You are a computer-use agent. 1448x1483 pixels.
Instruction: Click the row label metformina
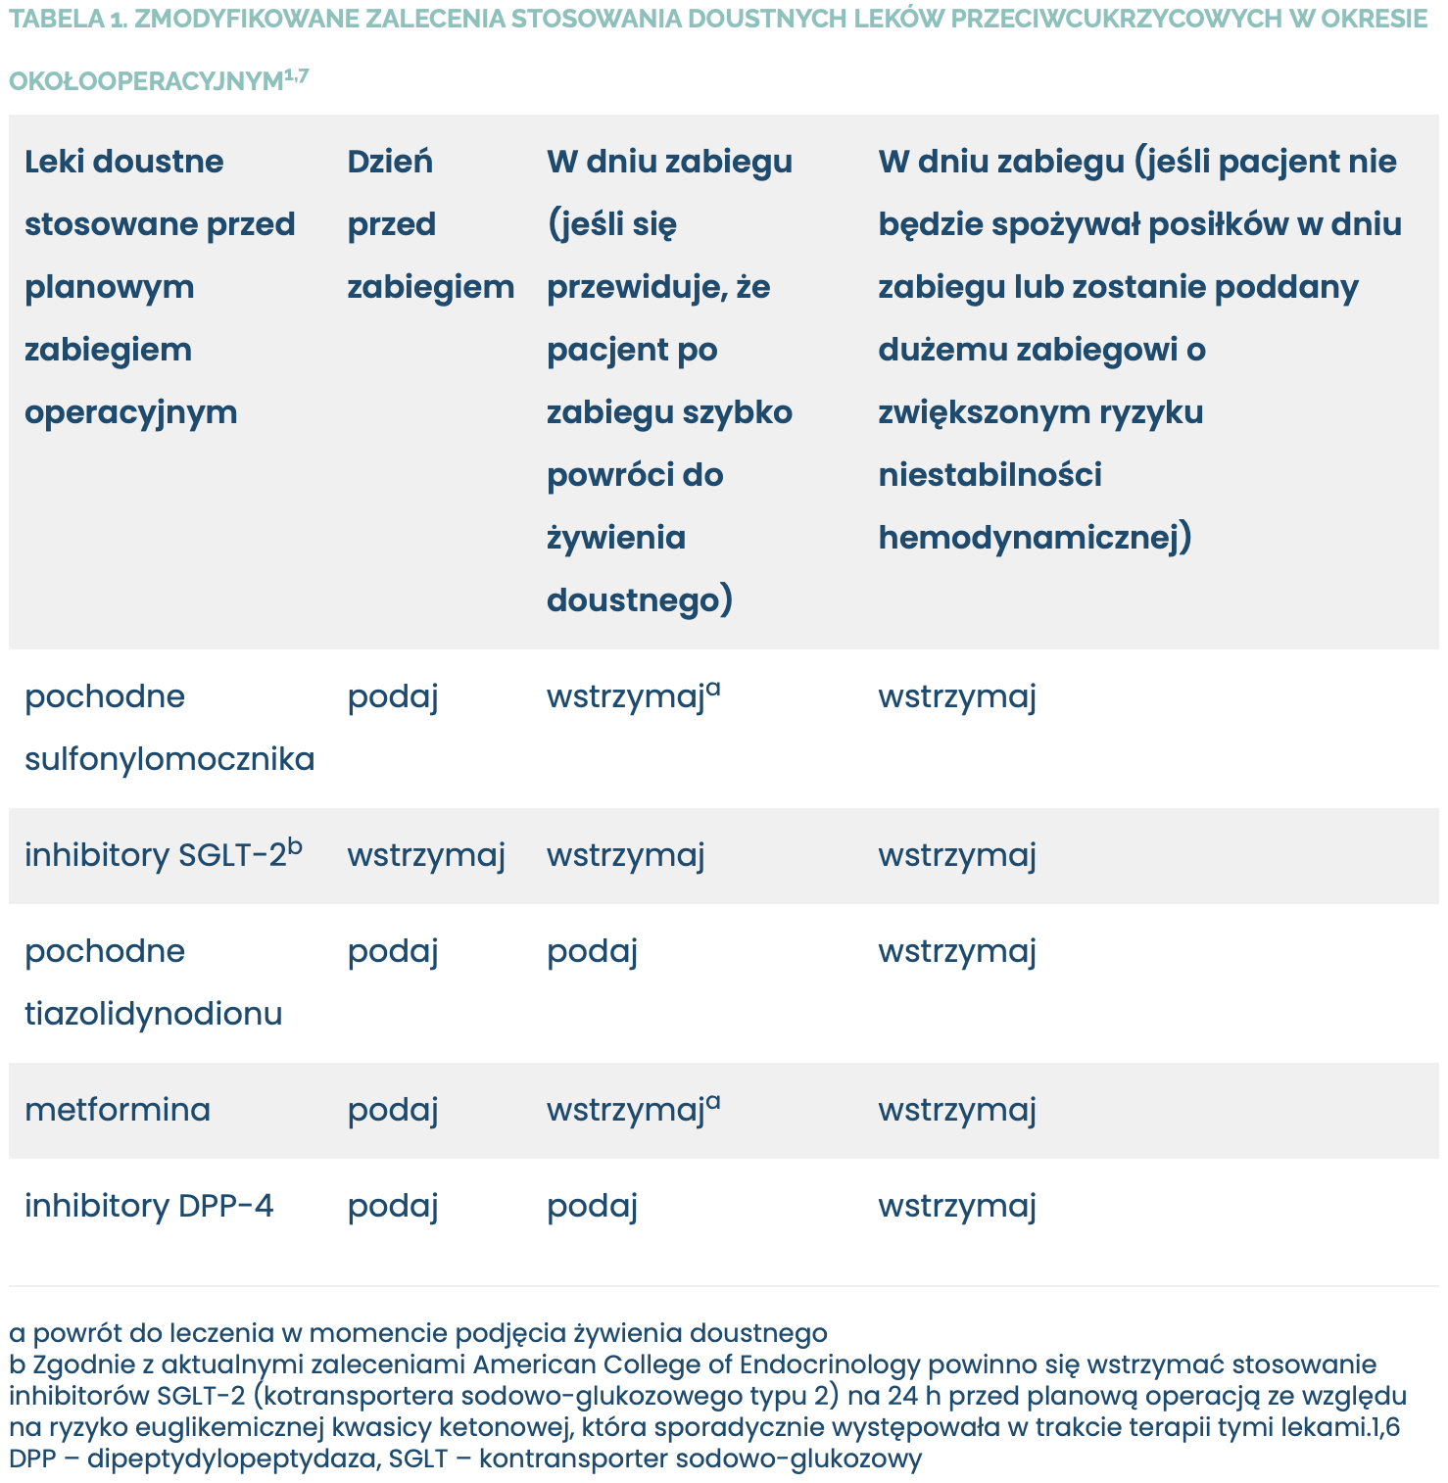click(118, 1110)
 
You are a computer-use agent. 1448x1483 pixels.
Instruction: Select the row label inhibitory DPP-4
click(149, 1206)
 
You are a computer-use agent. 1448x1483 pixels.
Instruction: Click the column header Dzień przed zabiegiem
click(430, 224)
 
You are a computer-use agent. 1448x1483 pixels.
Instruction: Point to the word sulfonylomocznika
click(169, 759)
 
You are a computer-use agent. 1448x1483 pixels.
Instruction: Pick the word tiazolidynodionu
click(153, 1014)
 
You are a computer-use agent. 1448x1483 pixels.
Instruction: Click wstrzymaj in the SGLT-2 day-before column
click(426, 855)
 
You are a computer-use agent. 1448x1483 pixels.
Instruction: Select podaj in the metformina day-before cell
click(392, 1110)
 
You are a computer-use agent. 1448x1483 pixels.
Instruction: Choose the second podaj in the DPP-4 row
click(592, 1206)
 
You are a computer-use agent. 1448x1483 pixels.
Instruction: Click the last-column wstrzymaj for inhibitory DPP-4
click(956, 1206)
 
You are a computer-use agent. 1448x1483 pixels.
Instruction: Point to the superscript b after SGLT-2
click(295, 845)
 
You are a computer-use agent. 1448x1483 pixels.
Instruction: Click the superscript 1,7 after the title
click(297, 75)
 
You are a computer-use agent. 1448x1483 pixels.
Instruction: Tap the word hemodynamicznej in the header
click(1034, 538)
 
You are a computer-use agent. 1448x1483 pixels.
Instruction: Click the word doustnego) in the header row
click(639, 600)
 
